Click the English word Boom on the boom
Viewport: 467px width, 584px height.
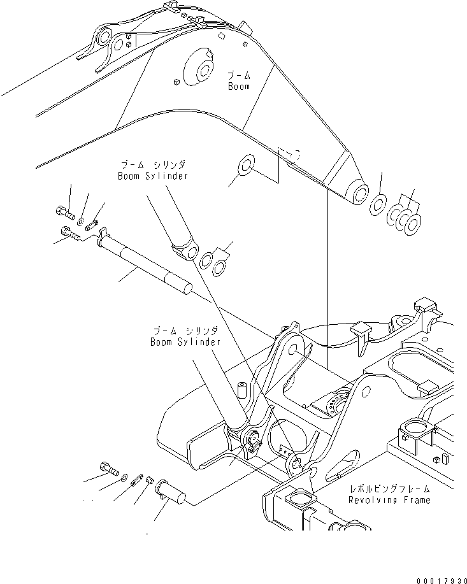[239, 87]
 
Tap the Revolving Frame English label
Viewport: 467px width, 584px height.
[389, 500]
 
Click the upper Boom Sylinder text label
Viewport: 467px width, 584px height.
[153, 176]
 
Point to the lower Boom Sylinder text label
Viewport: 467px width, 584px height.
[185, 342]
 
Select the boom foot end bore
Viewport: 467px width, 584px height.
[357, 192]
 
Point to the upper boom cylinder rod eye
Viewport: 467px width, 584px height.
[188, 253]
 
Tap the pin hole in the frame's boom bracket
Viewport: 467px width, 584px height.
[291, 348]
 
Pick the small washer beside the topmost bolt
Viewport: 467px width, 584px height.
[81, 220]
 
